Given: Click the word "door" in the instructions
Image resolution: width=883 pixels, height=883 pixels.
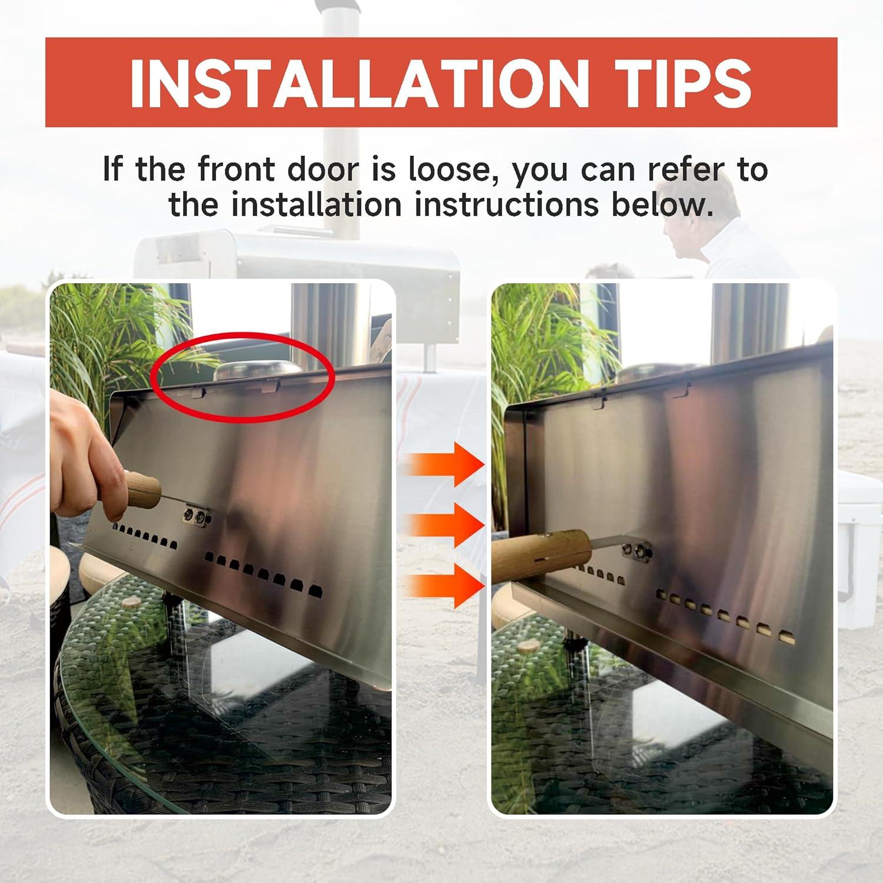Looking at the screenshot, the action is [323, 170].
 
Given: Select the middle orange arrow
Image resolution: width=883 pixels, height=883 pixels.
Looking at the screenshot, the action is [447, 526].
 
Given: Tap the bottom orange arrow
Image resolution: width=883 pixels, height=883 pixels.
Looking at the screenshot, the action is [447, 587].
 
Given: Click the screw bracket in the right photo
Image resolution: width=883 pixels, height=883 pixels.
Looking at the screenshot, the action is [636, 550].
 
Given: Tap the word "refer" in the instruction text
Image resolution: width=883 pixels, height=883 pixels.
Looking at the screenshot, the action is [686, 170].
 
